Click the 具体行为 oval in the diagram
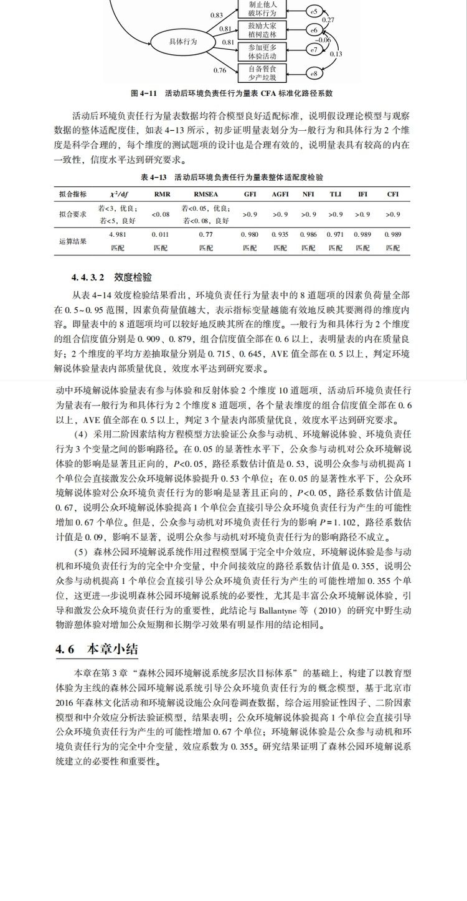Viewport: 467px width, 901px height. [183, 42]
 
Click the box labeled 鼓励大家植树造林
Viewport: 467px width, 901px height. [258, 29]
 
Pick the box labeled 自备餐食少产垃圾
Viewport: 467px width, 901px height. [258, 73]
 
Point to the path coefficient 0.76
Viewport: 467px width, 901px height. [219, 70]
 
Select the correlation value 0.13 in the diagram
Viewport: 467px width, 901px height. [336, 54]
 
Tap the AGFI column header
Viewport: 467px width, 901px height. [280, 194]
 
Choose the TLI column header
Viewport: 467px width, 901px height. [335, 194]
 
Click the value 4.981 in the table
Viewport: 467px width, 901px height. [118, 234]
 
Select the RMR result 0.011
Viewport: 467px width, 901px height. [160, 234]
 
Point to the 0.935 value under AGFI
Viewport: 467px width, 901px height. [280, 234]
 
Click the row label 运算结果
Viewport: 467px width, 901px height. [73, 241]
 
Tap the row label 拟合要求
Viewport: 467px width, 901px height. [73, 214]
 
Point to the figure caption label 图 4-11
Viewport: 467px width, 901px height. [143, 93]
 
